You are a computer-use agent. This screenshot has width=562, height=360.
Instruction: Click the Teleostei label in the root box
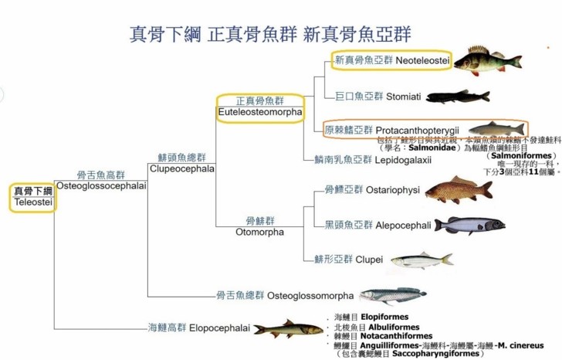click(32, 202)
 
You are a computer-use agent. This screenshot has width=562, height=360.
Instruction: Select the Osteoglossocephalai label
click(101, 185)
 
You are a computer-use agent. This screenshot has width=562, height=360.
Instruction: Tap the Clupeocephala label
click(171, 168)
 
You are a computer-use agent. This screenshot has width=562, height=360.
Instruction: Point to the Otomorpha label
click(259, 232)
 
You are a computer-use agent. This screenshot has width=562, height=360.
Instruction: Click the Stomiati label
click(404, 97)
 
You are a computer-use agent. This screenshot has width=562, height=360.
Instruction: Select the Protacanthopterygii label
click(418, 129)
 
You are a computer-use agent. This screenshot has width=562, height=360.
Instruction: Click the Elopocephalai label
click(218, 328)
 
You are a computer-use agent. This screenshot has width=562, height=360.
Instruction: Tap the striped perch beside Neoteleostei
click(486, 60)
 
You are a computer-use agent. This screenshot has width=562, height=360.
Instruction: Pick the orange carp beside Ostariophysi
click(458, 190)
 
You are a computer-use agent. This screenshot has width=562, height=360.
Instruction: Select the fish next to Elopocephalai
click(287, 329)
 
